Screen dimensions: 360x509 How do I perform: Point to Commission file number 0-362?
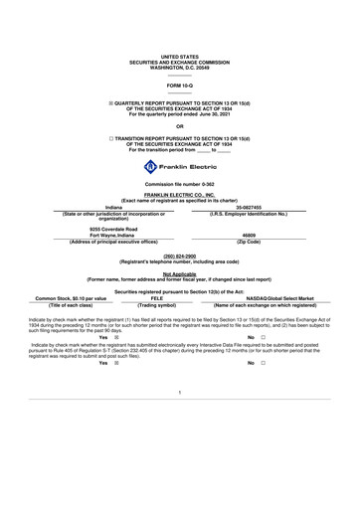[x=179, y=186]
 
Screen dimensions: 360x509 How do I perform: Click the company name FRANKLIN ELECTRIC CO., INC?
[x=179, y=197]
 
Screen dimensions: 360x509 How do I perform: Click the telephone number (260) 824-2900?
[x=179, y=254]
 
